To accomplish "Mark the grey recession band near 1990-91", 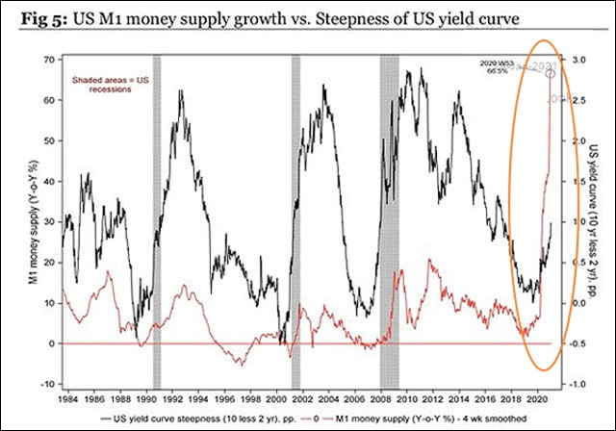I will [157, 221].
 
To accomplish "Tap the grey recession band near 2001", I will [295, 221].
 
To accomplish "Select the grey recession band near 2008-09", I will [389, 221].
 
